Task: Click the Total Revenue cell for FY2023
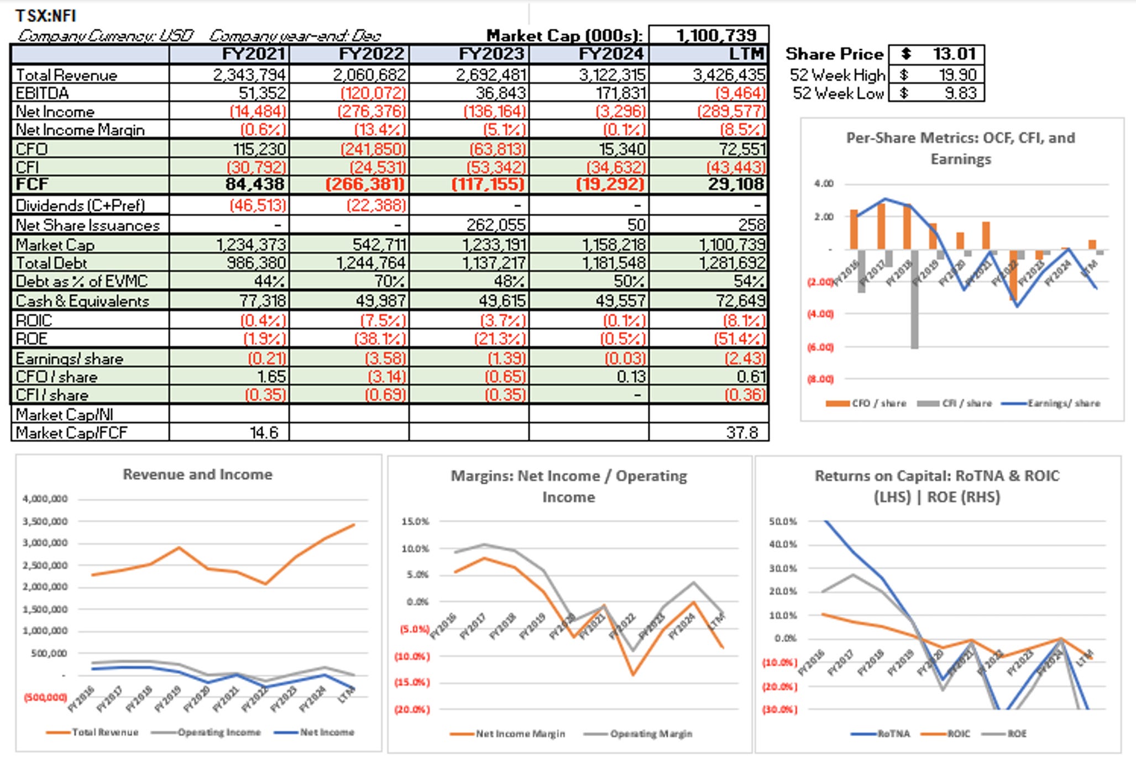tap(491, 75)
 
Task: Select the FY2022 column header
tap(372, 54)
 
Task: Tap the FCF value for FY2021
tap(255, 184)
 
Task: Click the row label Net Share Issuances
tap(87, 225)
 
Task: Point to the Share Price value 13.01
tap(954, 54)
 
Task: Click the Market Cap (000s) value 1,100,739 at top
tap(716, 35)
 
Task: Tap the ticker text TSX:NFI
tap(46, 15)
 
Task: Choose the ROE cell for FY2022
tap(380, 339)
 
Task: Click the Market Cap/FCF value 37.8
tap(742, 432)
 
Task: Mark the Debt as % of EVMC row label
tap(81, 281)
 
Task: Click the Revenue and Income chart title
tap(197, 474)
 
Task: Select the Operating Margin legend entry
tap(651, 733)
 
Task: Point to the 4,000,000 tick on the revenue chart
tap(45, 499)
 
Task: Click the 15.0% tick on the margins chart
tap(415, 521)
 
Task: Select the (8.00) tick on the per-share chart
tap(820, 379)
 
